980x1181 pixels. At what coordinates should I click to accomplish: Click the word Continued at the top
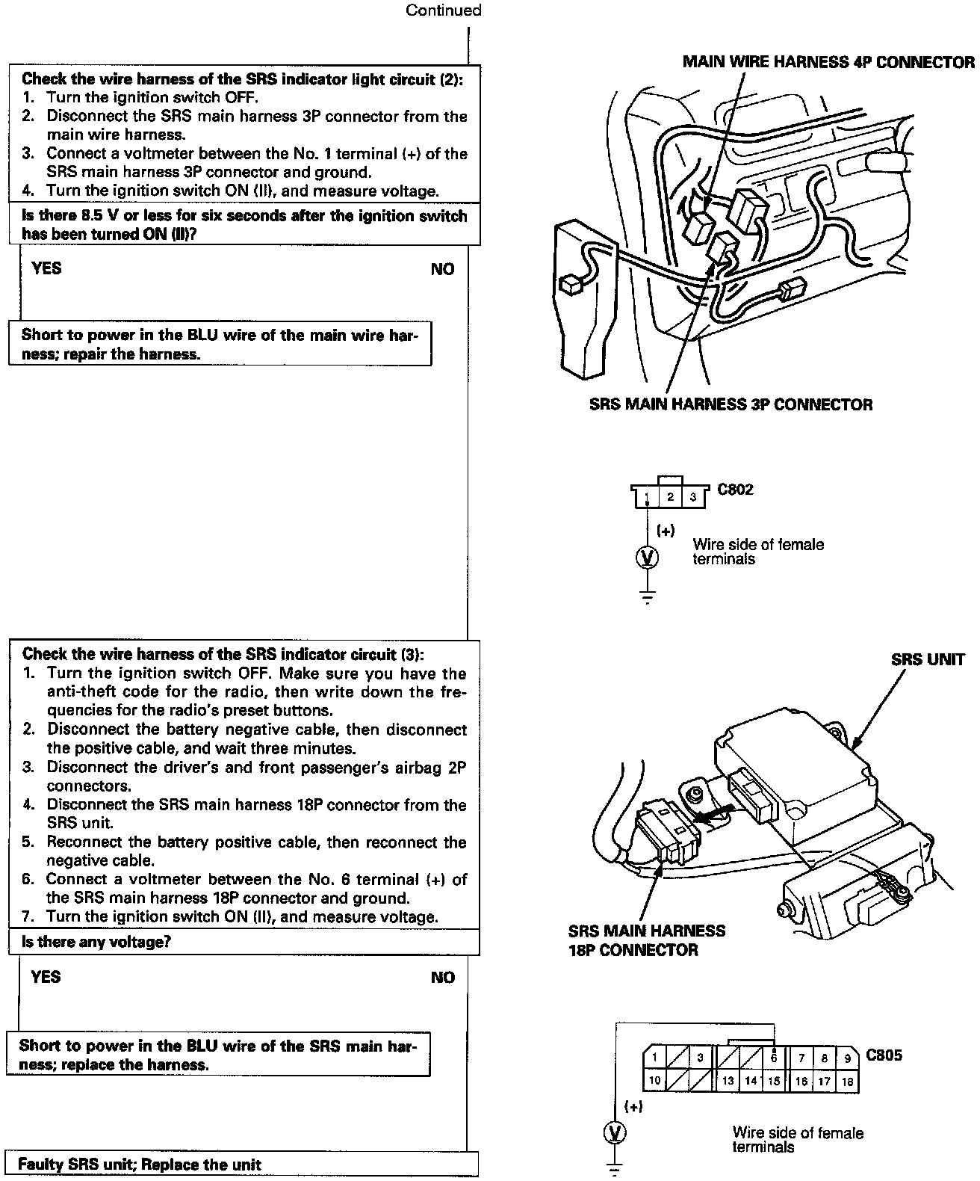pos(443,10)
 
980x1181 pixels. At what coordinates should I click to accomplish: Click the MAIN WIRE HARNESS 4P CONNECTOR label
pos(828,62)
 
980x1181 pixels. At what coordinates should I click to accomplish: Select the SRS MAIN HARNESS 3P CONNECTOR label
pos(731,404)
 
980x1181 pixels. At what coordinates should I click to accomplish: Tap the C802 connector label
pos(735,490)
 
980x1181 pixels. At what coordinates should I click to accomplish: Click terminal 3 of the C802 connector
pos(693,497)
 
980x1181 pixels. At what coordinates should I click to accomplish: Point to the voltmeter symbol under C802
pos(648,557)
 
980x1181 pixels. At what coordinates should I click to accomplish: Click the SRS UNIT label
pos(928,659)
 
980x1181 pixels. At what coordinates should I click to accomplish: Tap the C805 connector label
pos(884,1055)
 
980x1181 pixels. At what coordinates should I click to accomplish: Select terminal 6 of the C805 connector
pos(774,1058)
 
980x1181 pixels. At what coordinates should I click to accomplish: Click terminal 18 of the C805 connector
pos(847,1081)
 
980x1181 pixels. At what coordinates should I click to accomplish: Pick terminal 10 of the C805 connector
pos(654,1081)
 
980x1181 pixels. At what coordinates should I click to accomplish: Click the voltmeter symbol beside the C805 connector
pos(615,1133)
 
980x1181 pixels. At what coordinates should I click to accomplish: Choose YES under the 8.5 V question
pos(46,268)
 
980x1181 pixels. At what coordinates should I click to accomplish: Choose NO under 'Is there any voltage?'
pos(442,978)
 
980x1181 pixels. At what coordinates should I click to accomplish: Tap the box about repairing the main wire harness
pos(220,344)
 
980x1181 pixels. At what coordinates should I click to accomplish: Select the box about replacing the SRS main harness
pos(217,1055)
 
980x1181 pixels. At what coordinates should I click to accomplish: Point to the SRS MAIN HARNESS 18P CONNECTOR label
pos(646,940)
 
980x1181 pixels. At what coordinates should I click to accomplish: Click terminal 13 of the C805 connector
pos(728,1081)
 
